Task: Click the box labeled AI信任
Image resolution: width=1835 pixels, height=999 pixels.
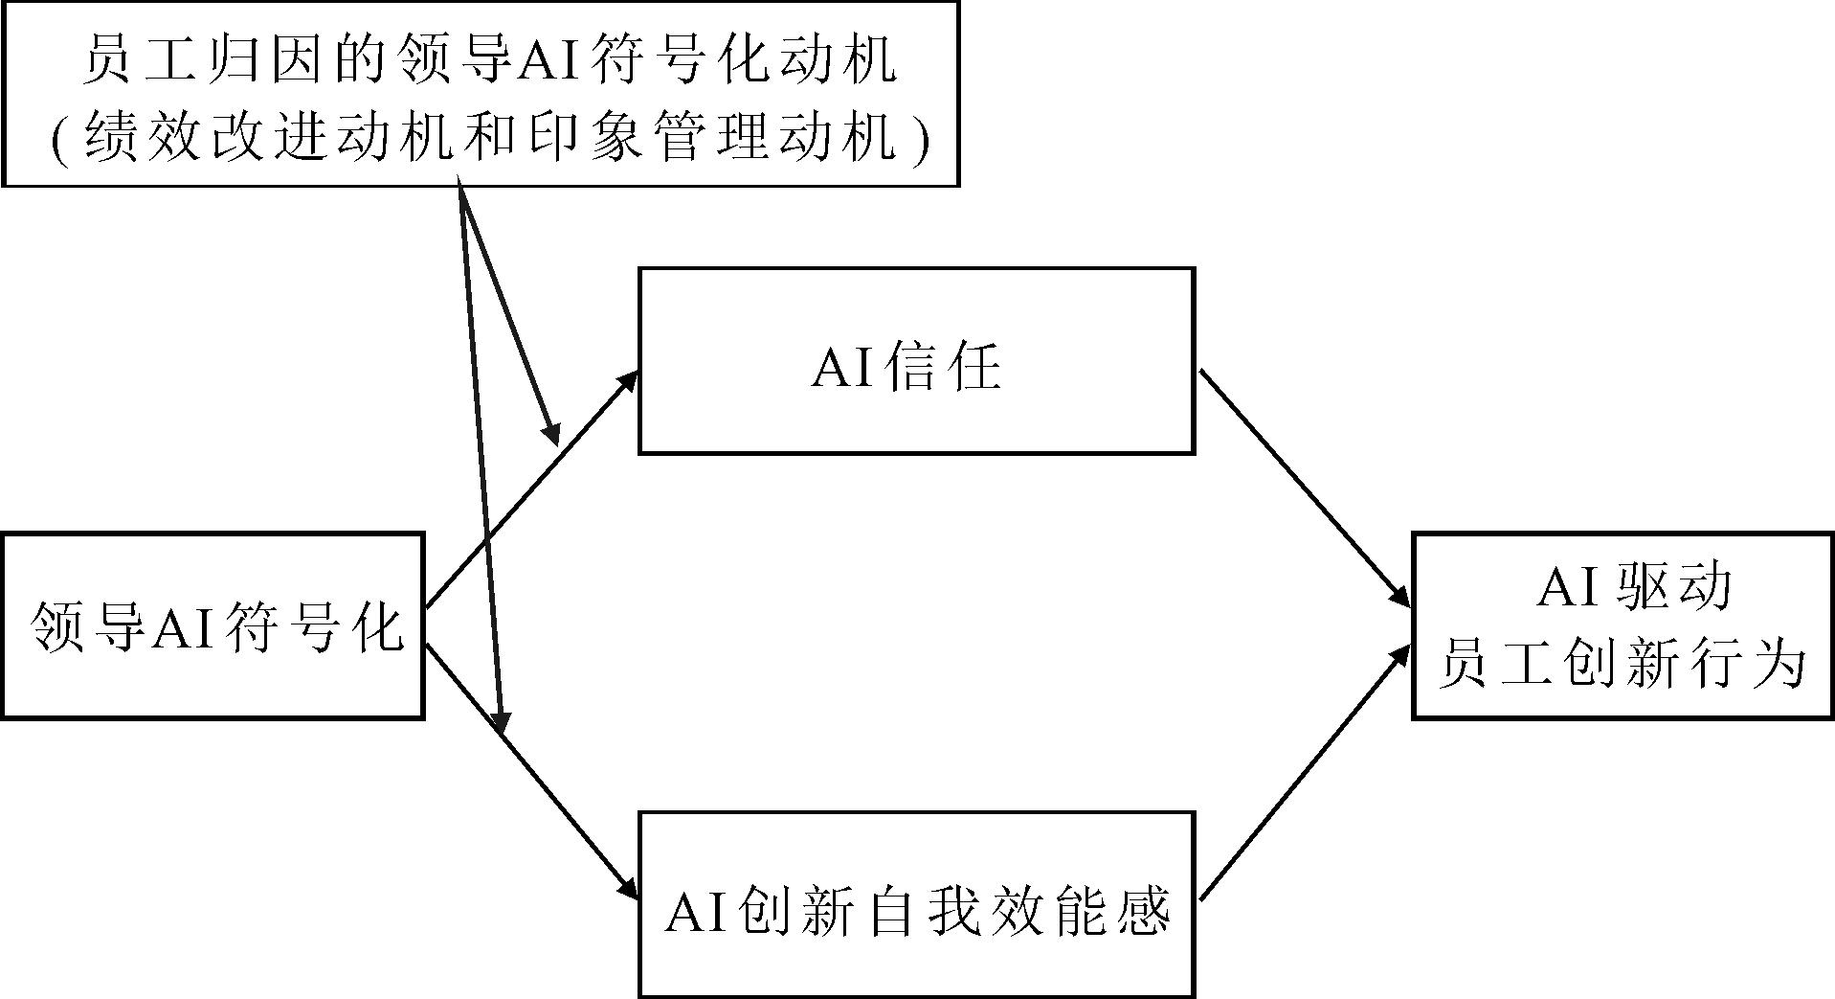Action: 916,360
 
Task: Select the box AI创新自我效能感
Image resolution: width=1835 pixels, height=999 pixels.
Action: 916,904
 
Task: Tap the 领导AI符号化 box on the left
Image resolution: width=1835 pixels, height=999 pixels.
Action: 213,625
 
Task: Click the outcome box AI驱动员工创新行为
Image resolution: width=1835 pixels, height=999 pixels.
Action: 1622,625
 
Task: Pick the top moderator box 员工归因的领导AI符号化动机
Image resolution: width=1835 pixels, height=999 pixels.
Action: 481,93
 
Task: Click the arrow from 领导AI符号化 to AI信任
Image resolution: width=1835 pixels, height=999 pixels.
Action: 531,488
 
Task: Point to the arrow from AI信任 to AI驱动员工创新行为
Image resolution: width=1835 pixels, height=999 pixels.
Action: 1304,488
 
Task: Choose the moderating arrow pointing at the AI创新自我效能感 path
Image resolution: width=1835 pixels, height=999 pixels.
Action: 481,460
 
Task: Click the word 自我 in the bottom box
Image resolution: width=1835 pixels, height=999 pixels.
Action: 924,912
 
